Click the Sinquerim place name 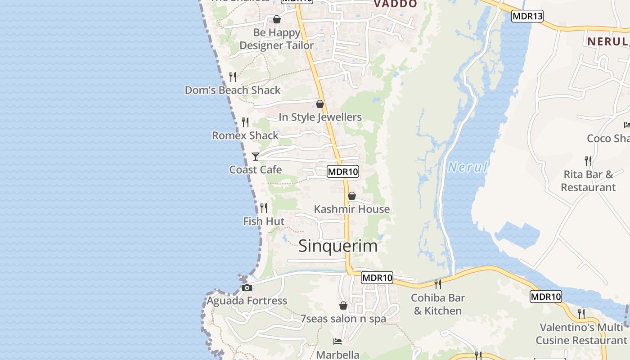click(338, 246)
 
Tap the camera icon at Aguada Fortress click(247, 288)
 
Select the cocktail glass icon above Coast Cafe click(256, 156)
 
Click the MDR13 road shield click(527, 16)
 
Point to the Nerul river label click(468, 167)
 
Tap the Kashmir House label click(352, 209)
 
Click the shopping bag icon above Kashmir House click(352, 196)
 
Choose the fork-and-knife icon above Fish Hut click(264, 207)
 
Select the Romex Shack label click(245, 135)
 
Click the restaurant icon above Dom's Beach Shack click(233, 76)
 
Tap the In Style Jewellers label click(320, 117)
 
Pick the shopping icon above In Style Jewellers click(320, 104)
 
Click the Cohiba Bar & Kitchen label click(438, 304)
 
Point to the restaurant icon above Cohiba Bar click(437, 284)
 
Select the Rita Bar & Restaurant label click(588, 180)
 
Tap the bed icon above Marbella click(337, 342)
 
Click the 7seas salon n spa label click(343, 319)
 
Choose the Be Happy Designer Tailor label click(277, 39)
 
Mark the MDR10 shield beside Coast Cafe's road click(343, 171)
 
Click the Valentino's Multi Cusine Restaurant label click(583, 333)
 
